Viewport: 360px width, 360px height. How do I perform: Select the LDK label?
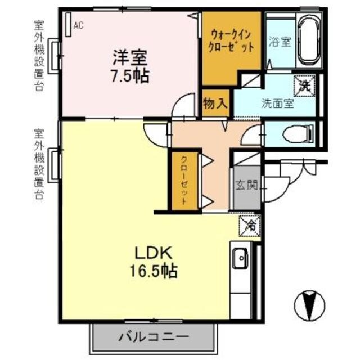pyautogui.click(x=148, y=253)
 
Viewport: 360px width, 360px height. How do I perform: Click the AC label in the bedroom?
pyautogui.click(x=78, y=25)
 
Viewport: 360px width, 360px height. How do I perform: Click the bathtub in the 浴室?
pyautogui.click(x=308, y=43)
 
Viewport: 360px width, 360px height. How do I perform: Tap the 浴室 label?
pyautogui.click(x=280, y=42)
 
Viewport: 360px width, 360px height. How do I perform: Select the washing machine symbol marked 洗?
pyautogui.click(x=304, y=86)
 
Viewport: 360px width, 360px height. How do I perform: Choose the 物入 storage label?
pyautogui.click(x=215, y=103)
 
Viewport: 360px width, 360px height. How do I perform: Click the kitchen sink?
pyautogui.click(x=241, y=259)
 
